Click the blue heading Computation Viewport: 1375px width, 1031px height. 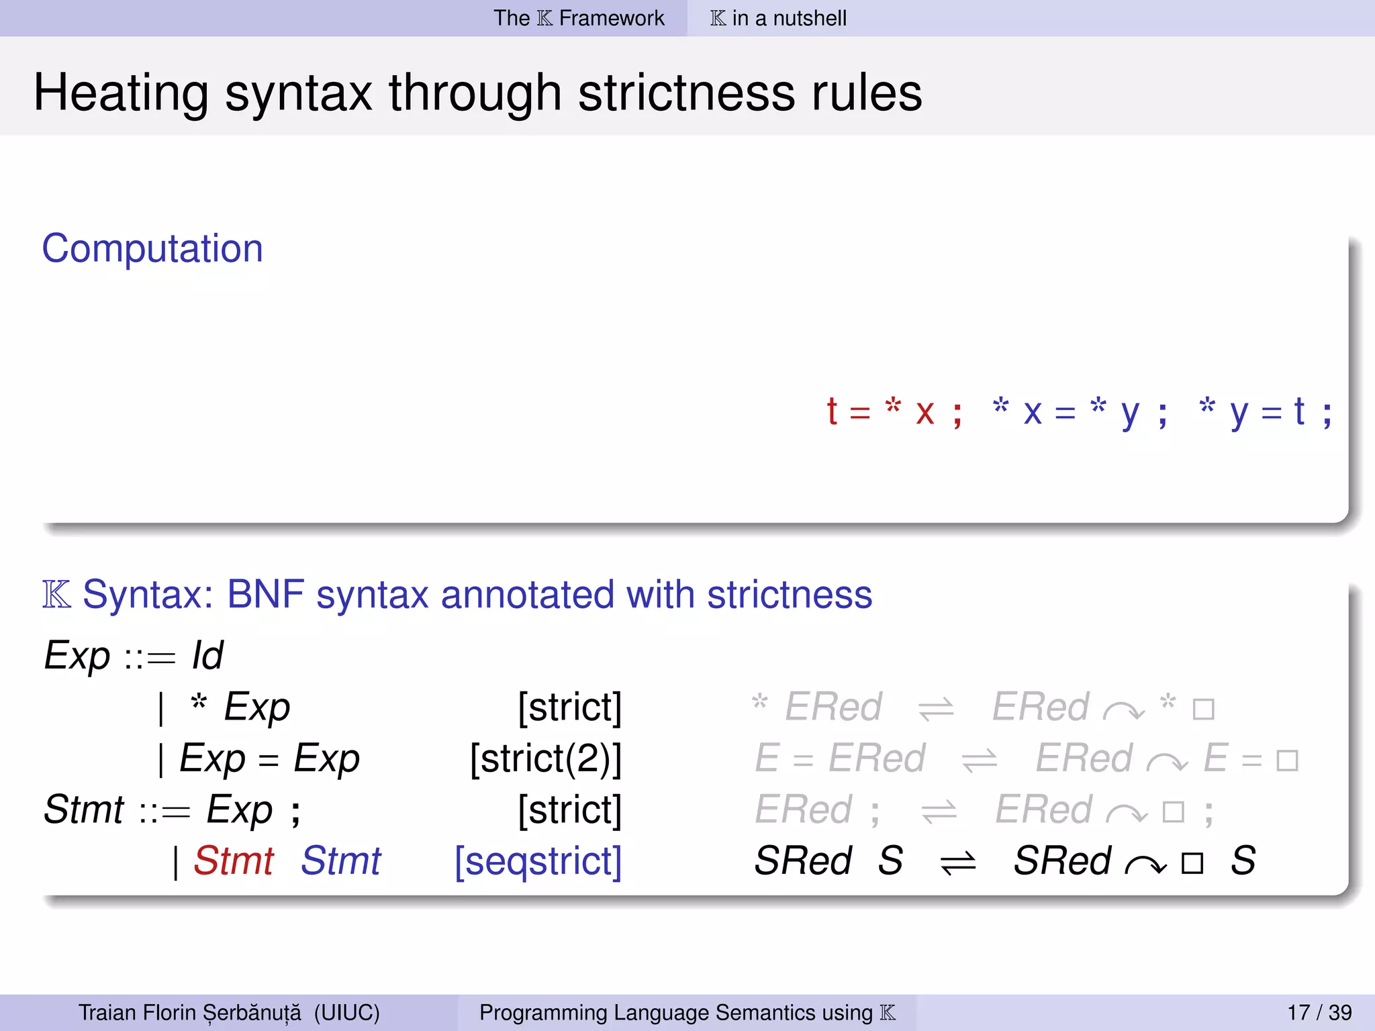(x=152, y=249)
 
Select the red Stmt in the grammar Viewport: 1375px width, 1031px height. (x=234, y=861)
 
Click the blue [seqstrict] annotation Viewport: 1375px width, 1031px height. (x=538, y=861)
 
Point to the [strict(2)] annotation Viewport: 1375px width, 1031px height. (x=545, y=759)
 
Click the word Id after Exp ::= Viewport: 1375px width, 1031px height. (x=207, y=656)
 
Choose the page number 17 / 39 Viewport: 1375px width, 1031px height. (x=1319, y=1012)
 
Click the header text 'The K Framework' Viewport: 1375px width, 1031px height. (x=579, y=18)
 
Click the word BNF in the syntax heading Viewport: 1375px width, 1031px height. (x=265, y=595)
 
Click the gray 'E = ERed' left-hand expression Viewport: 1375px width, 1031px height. (x=839, y=759)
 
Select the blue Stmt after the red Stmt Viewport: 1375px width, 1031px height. (x=340, y=861)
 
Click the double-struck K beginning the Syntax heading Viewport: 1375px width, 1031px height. (x=56, y=595)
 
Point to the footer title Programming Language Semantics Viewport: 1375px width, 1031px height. (x=675, y=1012)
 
